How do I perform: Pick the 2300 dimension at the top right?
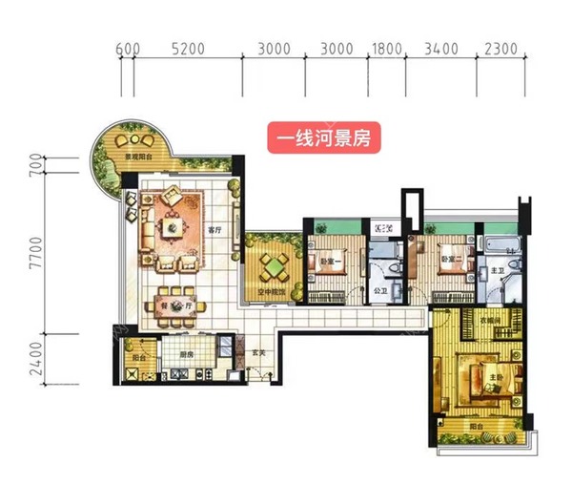[x=500, y=47]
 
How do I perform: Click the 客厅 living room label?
[x=214, y=230]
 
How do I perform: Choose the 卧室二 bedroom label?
[x=452, y=259]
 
